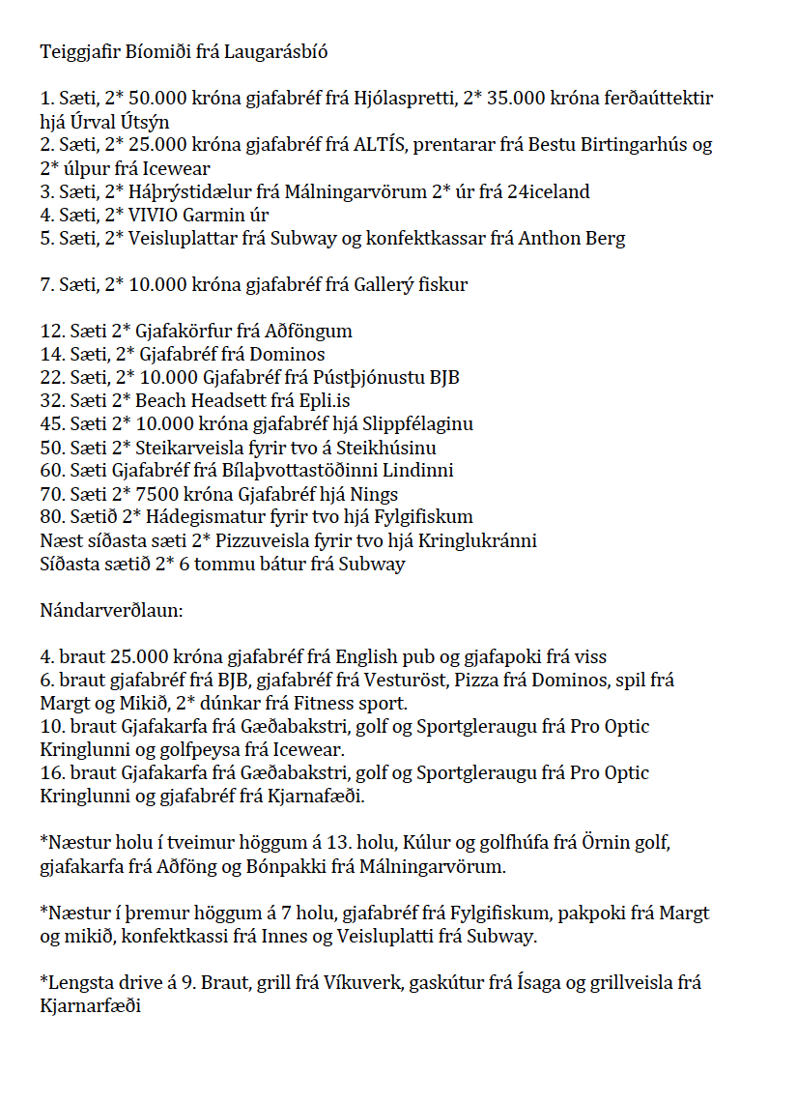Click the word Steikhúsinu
tap(385, 447)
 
